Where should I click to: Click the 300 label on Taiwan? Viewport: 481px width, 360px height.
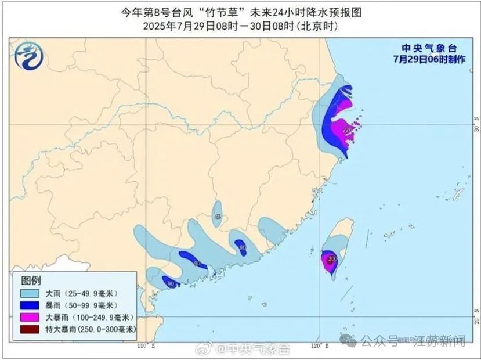[x=332, y=258]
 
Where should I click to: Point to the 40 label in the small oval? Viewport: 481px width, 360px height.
[x=218, y=217]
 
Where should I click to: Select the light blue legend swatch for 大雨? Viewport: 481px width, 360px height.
[x=31, y=294]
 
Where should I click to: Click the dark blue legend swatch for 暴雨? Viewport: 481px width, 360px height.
[x=31, y=305]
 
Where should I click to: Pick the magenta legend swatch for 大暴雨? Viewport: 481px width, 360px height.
[x=31, y=317]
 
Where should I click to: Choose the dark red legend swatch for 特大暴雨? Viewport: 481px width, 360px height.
[x=31, y=329]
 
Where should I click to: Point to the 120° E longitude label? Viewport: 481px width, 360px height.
[x=317, y=347]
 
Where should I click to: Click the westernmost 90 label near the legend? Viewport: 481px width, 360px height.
[x=171, y=283]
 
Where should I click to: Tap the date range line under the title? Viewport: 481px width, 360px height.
[x=240, y=26]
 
